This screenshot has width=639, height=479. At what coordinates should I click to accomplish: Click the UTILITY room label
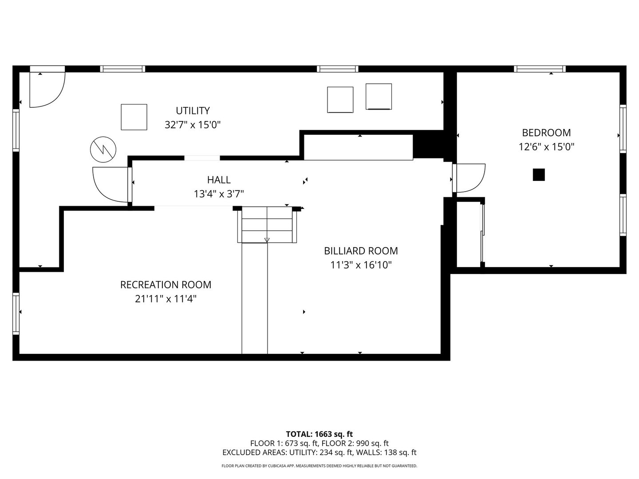pos(193,110)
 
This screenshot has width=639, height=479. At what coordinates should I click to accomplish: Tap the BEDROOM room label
pos(546,133)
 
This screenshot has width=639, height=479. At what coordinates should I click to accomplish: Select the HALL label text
pos(219,180)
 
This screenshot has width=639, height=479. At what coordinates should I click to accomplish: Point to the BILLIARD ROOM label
pos(361,251)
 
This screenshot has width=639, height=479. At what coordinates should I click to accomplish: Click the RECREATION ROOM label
pos(166,285)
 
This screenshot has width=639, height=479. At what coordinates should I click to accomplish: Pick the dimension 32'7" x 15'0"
pos(193,125)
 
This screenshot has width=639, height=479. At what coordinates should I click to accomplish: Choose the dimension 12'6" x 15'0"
pos(546,147)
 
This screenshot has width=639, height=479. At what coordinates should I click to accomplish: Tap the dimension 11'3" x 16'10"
pos(361,265)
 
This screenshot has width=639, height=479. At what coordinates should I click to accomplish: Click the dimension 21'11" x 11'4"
pos(166,299)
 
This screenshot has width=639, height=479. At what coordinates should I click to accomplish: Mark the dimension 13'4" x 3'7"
pos(219,194)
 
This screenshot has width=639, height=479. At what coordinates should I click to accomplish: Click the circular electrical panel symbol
pos(103,149)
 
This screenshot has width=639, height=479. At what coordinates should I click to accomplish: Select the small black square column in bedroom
pos(538,175)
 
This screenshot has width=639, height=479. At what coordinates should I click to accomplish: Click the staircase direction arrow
pos(267,240)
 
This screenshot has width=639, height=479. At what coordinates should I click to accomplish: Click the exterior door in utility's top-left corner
pos(47,89)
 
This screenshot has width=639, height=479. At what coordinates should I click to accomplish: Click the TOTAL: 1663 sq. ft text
pos(319,434)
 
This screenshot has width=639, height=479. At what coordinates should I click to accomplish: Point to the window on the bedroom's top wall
pos(540,69)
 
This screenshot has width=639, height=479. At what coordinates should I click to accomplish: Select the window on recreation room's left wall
pos(16,314)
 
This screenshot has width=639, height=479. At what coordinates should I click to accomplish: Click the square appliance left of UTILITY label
pos(134,117)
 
